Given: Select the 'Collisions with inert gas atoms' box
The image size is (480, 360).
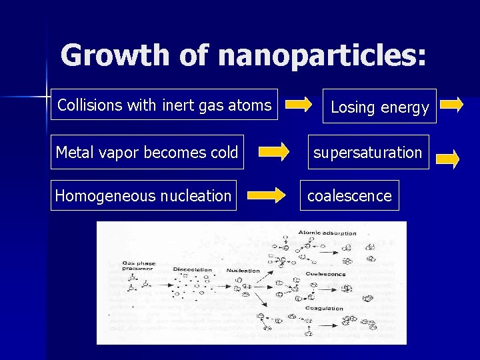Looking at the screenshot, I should (x=164, y=105).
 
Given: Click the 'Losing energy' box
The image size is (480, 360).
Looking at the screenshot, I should (x=379, y=107).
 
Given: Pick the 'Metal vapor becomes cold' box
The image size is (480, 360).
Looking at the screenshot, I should (x=147, y=153).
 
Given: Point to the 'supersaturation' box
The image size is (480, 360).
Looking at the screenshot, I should (x=367, y=153).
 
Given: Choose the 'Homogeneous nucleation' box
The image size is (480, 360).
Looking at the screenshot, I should (x=143, y=195).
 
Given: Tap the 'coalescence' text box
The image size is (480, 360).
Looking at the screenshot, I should (x=349, y=195).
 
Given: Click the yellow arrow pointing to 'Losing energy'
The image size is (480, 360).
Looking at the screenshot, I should (x=298, y=104).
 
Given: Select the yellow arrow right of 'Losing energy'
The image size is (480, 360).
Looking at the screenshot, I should (x=451, y=104).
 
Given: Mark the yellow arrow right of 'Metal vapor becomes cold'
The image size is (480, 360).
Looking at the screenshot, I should (x=274, y=153).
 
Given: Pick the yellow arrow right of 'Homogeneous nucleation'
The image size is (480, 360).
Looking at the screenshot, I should (x=266, y=195).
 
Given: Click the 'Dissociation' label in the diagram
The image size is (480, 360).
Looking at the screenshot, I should (x=193, y=270).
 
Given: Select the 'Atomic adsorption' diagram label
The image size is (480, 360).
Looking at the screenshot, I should (x=327, y=233).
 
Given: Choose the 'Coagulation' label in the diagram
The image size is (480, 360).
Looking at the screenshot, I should (x=324, y=309).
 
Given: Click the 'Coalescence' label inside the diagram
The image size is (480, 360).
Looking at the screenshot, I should (x=326, y=273).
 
